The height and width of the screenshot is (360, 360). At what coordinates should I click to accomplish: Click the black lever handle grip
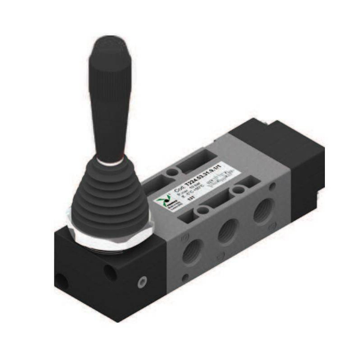click(110, 99)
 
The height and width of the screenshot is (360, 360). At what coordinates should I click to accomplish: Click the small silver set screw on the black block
click(142, 282)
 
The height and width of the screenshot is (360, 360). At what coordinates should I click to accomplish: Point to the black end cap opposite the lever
click(292, 162)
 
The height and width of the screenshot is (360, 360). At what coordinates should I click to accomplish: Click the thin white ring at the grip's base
click(110, 160)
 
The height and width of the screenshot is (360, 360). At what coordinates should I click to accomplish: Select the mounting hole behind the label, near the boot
click(172, 172)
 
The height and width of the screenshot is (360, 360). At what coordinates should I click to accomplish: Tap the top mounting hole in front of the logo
click(203, 210)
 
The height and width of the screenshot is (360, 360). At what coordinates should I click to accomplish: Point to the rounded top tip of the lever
click(108, 40)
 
